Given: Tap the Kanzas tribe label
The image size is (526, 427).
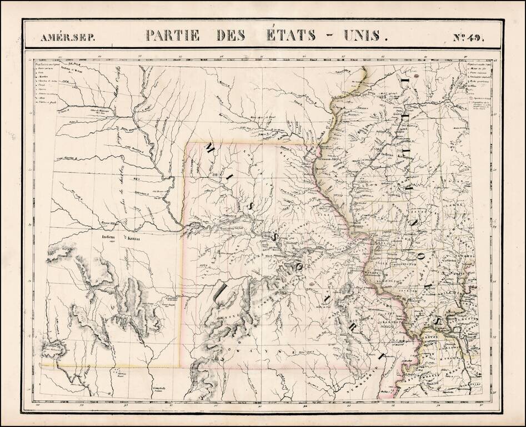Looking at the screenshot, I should point(131,240).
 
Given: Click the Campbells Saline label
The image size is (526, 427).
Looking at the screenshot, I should point(159,390).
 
